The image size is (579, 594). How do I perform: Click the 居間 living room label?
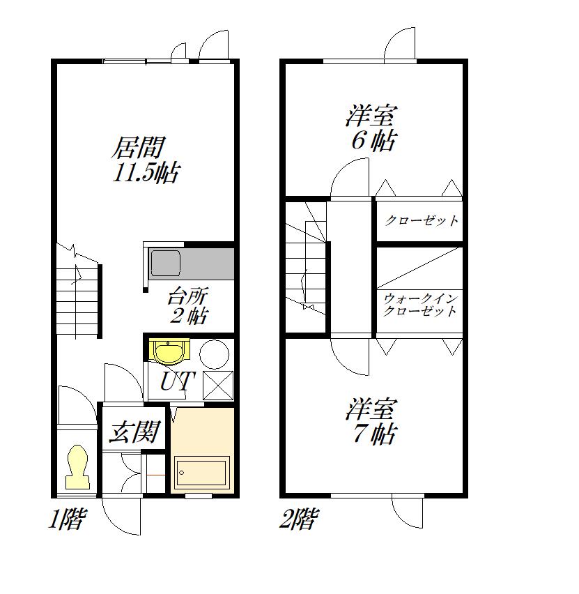coord(138,147)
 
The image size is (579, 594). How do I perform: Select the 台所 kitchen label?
coord(188,296)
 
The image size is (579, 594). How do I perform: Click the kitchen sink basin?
coord(166,264)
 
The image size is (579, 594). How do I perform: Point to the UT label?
coord(177,381)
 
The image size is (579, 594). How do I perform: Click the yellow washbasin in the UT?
coord(169,351)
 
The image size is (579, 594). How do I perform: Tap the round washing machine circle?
coord(214,354)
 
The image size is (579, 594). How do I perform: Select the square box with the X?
coord(218,386)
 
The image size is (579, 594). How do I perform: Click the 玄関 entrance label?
coord(134,432)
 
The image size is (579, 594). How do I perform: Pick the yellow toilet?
coord(78,466)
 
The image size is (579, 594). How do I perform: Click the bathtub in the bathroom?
coord(202,473)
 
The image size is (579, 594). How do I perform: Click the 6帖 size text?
coord(373,141)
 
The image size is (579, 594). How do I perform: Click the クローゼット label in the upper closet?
coord(422,220)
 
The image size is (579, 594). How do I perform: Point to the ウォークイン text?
coord(420,298)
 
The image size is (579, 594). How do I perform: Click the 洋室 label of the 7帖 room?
coord(371,409)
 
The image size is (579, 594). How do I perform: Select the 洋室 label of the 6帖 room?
coord(371,115)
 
